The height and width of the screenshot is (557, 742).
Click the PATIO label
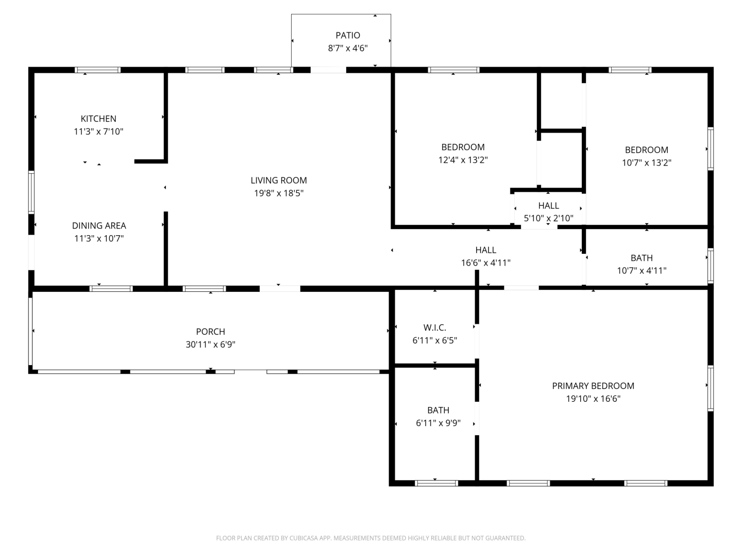347,35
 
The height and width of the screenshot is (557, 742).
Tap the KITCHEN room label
98,119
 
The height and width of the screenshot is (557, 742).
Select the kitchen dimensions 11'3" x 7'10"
98,132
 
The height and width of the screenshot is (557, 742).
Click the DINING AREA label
99,225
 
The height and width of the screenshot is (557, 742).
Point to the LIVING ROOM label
279,181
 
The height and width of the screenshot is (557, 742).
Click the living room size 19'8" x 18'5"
279,193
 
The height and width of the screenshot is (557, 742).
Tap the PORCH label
210,332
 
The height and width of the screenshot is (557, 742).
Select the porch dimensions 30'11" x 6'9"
210,345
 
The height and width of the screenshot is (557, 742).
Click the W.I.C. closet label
435,327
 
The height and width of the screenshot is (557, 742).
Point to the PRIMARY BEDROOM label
593,386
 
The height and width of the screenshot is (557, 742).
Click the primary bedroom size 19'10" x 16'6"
593,398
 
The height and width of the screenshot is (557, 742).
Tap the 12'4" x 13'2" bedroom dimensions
463,160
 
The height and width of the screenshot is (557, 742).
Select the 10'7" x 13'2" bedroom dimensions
646,162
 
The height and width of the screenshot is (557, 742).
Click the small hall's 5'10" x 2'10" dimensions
548,218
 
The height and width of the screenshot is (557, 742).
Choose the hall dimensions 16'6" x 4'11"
485,263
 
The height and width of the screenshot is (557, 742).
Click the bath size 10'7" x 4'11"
642,271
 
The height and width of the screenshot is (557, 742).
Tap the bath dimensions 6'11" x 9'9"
438,423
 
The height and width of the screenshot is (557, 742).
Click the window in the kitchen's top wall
98,70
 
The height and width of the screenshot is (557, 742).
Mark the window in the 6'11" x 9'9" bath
436,483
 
